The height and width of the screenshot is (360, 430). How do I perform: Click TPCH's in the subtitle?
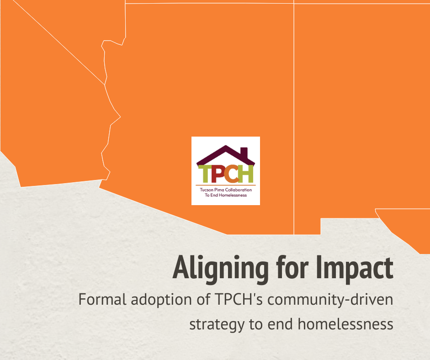coord(239,299)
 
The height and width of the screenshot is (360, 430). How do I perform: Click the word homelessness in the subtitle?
coord(345,323)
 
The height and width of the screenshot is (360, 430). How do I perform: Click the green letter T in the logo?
coord(205,174)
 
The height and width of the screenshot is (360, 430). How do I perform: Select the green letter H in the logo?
coord(245,174)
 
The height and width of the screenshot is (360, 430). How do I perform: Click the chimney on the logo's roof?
coord(244,153)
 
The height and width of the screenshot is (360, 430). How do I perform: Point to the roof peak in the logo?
coord(226,146)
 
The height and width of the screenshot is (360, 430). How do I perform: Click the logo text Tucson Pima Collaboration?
coord(226,190)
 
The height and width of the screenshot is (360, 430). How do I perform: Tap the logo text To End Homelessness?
coord(226,195)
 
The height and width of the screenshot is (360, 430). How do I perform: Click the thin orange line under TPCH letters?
coord(226,185)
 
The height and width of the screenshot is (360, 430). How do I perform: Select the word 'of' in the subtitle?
coord(203,299)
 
